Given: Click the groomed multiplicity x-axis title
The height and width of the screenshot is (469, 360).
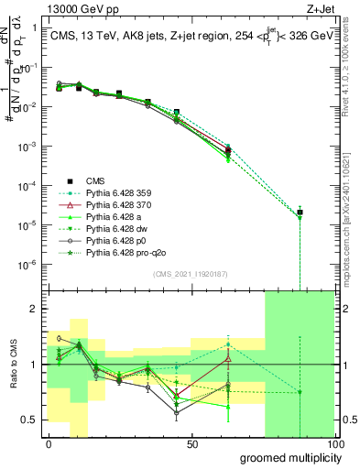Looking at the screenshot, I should [x=286, y=457].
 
